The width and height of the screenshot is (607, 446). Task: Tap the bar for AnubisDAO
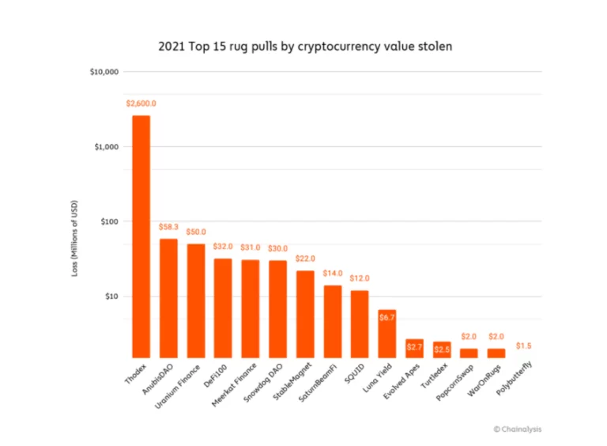pyautogui.click(x=168, y=297)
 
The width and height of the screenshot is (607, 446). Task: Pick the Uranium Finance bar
pyautogui.click(x=196, y=300)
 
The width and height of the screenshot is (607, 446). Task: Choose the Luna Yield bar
pyautogui.click(x=387, y=333)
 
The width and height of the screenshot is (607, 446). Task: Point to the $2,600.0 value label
pyautogui.click(x=141, y=104)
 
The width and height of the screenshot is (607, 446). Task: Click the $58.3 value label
pyautogui.click(x=168, y=227)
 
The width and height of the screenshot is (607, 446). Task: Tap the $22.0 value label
pyautogui.click(x=305, y=259)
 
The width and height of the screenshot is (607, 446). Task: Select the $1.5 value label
pyautogui.click(x=524, y=346)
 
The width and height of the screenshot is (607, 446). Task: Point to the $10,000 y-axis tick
pyautogui.click(x=105, y=72)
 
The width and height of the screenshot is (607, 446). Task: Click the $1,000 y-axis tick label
pyautogui.click(x=107, y=147)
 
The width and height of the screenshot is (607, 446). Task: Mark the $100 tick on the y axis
pyautogui.click(x=110, y=221)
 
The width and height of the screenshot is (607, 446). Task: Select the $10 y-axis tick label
pyautogui.click(x=111, y=297)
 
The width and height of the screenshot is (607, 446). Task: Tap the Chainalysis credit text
pyautogui.click(x=518, y=429)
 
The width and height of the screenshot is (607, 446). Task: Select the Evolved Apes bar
pyautogui.click(x=414, y=348)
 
